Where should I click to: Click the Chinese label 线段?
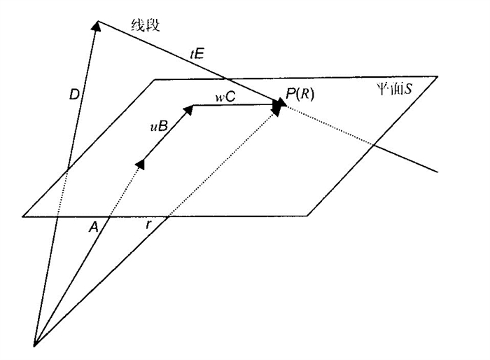pos(146,26)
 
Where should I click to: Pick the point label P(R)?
pos(300,94)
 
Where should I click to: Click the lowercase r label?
pos(148,226)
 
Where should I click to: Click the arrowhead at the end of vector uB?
pos(188,109)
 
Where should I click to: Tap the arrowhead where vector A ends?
pos(140,163)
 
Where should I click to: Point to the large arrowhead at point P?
pos(279,106)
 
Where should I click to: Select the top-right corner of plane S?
pos(437,76)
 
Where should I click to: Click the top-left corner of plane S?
pos(155,79)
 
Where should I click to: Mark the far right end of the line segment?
pos(437,170)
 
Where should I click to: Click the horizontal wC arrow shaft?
pos(234,106)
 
